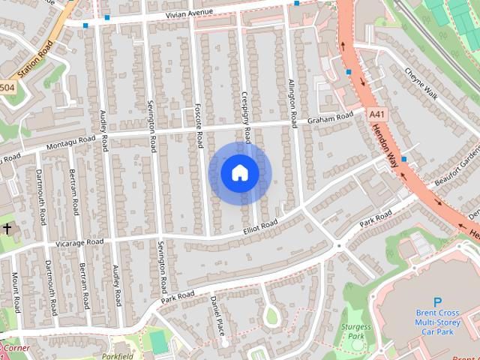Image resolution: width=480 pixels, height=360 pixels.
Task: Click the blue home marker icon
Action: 240,173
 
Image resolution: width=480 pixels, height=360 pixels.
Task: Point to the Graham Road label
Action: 329,118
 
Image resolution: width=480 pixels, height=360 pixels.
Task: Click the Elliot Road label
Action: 260,223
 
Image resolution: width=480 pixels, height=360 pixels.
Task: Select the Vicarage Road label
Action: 79,242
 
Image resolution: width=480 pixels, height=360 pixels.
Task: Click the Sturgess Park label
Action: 355,331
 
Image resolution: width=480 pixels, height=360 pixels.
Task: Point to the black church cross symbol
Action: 7,227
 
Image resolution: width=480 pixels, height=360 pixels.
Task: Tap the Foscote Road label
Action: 199,124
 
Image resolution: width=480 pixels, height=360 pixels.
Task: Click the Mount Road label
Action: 15,292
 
